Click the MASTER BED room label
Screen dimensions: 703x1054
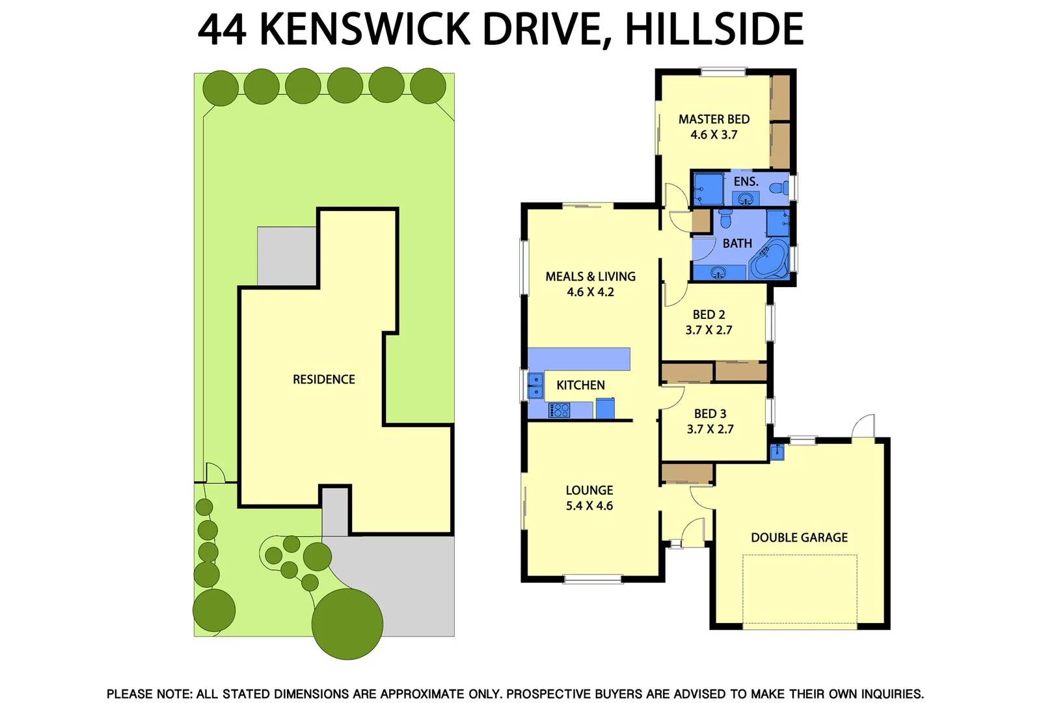714,119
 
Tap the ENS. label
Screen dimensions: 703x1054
746,182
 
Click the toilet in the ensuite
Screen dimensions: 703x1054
777,188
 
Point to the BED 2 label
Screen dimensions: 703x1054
709,314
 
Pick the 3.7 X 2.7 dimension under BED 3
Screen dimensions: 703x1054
710,429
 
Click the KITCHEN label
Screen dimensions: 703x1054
580,385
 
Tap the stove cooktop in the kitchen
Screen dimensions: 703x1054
560,410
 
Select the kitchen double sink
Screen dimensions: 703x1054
535,385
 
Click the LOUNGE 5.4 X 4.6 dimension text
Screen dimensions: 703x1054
589,506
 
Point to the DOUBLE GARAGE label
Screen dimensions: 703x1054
799,538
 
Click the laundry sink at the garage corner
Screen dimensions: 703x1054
777,451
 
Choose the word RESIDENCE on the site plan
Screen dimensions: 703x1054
323,379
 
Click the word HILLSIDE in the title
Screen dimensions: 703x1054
714,29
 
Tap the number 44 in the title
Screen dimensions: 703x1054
223,29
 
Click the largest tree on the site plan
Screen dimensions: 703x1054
347,624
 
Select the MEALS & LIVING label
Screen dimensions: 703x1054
590,277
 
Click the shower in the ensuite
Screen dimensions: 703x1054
707,188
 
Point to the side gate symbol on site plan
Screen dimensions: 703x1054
215,473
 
